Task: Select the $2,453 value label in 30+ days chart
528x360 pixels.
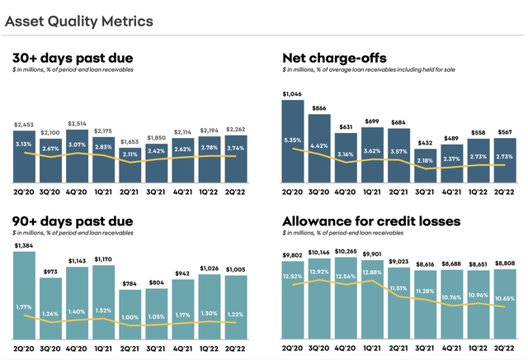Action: pyautogui.click(x=25, y=125)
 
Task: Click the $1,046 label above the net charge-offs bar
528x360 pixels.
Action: pyautogui.click(x=293, y=94)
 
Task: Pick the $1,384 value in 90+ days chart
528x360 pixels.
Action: pyautogui.click(x=25, y=247)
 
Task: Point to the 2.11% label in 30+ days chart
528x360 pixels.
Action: pyautogui.click(x=131, y=154)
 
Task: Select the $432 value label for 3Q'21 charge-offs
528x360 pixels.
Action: pyautogui.click(x=425, y=144)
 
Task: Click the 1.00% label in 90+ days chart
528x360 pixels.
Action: pyautogui.click(x=131, y=317)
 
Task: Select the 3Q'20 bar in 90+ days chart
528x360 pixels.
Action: pyautogui.click(x=51, y=297)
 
